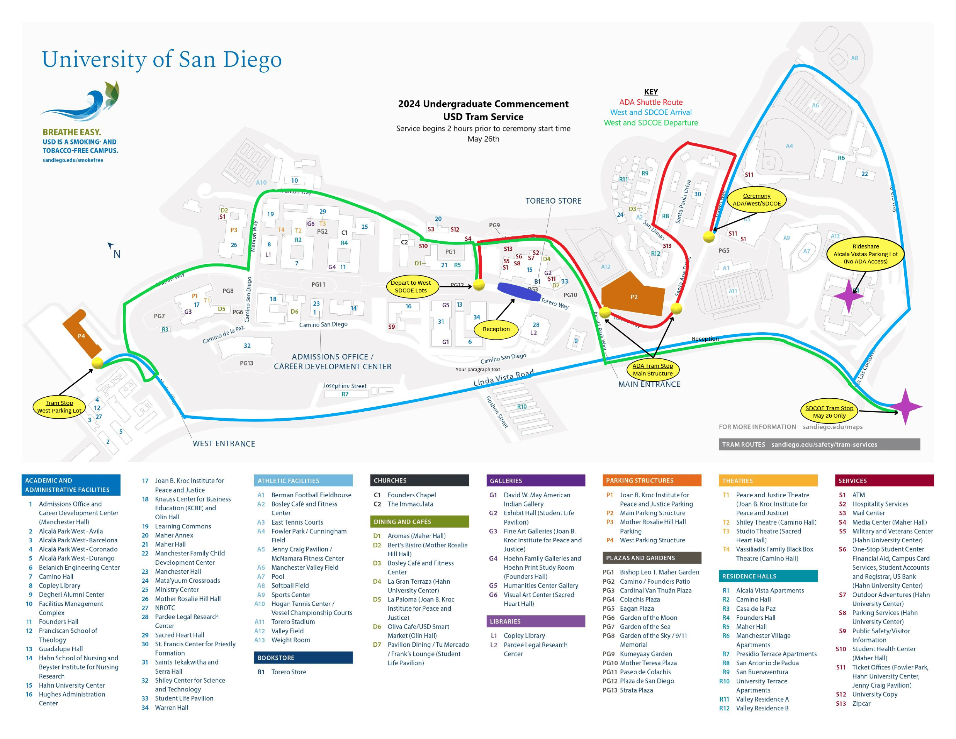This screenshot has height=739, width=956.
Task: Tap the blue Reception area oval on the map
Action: [519, 292]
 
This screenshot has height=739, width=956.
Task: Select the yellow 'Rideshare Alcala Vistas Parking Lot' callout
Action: [865, 254]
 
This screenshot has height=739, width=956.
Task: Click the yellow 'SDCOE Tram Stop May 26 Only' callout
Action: [829, 411]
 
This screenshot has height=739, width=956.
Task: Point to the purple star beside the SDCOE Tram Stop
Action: [905, 407]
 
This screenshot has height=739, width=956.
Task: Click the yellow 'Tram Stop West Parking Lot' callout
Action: [59, 407]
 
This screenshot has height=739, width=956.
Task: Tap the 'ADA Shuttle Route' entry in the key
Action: [650, 102]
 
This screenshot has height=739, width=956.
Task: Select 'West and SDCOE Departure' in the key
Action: [650, 123]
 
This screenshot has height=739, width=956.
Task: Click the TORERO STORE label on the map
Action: [553, 201]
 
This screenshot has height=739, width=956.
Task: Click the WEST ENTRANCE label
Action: [224, 443]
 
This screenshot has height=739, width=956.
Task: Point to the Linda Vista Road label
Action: [503, 377]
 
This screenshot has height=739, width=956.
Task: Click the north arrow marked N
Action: [115, 251]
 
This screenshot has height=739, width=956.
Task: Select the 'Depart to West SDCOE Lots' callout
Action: [410, 286]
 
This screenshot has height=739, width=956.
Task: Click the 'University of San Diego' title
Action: [161, 59]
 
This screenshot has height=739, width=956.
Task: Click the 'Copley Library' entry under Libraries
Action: [524, 635]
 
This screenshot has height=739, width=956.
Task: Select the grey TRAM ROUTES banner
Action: [818, 444]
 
